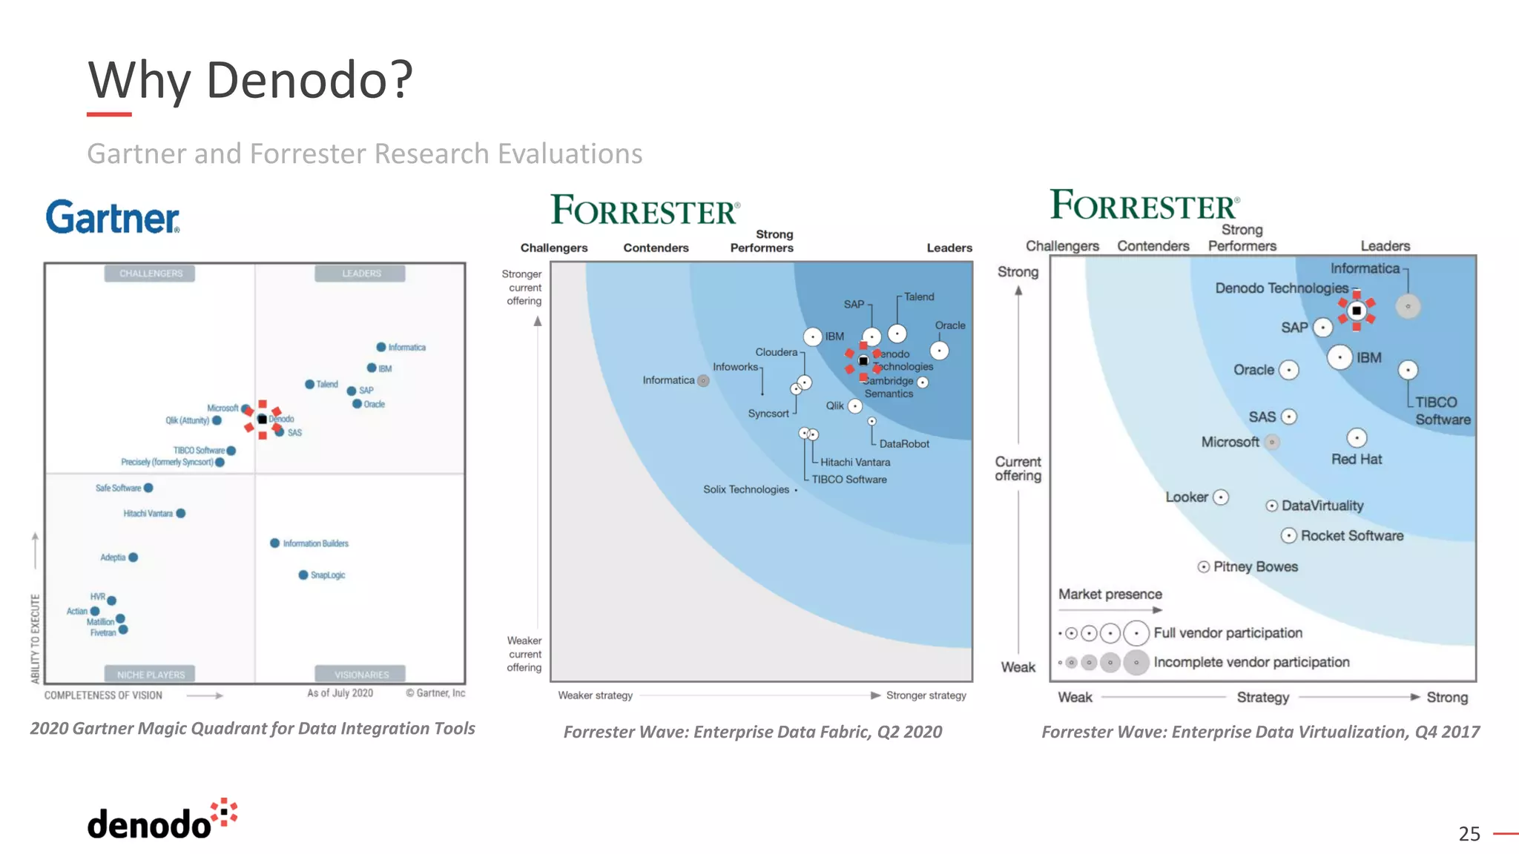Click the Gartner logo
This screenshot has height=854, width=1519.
(x=113, y=216)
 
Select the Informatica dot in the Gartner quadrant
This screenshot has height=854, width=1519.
(x=381, y=347)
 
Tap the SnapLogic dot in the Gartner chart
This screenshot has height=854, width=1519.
(x=303, y=575)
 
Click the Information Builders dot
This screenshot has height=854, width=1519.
(x=275, y=543)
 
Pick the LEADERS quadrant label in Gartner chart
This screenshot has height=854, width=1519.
(x=360, y=274)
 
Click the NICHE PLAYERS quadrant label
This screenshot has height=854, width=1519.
(x=151, y=675)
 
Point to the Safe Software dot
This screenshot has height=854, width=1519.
(x=148, y=488)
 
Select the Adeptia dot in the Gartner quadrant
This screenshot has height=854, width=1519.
(x=134, y=557)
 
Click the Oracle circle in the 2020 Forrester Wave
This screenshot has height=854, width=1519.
(x=940, y=351)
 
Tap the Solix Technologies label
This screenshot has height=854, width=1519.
(x=746, y=489)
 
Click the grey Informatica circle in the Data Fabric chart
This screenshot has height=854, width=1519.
(x=703, y=381)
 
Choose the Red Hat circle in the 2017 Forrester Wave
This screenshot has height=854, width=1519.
(x=1357, y=438)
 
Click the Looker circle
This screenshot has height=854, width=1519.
(x=1221, y=497)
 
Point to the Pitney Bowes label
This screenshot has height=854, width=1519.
(x=1256, y=567)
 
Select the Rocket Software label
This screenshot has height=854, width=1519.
(x=1352, y=536)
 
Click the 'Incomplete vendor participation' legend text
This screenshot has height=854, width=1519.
(x=1251, y=662)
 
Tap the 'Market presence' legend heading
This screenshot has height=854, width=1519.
(x=1110, y=595)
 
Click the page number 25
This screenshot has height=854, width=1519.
(x=1469, y=834)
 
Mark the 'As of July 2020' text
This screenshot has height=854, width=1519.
(x=340, y=693)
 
